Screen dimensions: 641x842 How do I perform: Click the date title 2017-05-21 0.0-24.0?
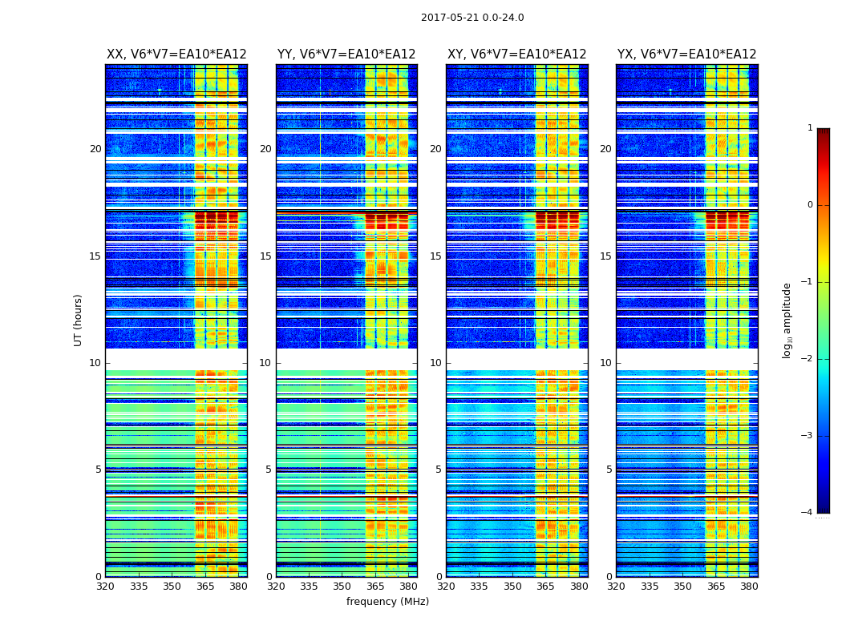coord(472,18)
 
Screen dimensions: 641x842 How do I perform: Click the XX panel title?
coord(176,54)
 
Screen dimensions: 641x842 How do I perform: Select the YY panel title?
coord(346,54)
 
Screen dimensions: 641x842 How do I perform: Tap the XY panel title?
coord(516,54)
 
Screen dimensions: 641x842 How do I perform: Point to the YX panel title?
coord(686,54)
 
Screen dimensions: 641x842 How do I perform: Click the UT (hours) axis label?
coord(79,320)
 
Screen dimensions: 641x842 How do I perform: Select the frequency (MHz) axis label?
coord(387,602)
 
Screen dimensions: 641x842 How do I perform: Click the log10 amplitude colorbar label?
coord(787,320)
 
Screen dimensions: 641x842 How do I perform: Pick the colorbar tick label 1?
coord(809,128)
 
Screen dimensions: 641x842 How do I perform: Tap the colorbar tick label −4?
coord(808,513)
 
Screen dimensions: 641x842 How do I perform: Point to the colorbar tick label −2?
coord(808,359)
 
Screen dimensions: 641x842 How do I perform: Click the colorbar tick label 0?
coord(809,205)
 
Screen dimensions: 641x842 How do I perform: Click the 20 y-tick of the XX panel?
coord(95,149)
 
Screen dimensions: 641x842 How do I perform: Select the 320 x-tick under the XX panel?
coord(106,587)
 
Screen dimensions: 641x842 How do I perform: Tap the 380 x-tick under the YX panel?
coord(749,587)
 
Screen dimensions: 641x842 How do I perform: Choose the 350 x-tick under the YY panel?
coord(342,587)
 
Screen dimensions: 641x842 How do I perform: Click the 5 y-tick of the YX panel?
coord(608,470)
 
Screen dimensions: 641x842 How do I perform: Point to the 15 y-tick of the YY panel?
coord(265,256)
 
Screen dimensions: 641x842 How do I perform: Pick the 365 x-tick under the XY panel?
coord(545,587)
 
